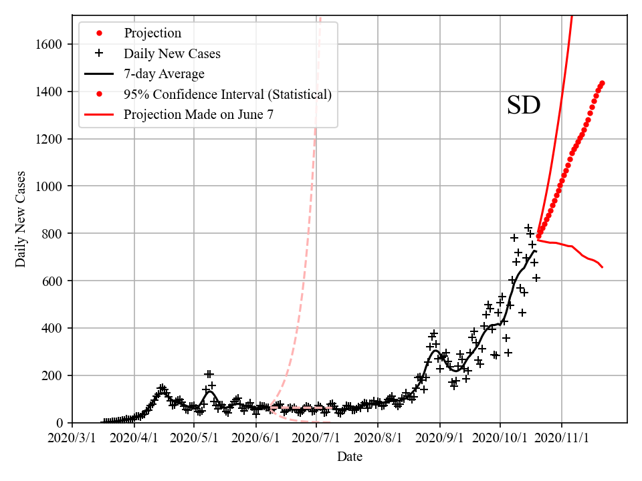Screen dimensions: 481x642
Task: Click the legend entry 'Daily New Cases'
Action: tap(172, 53)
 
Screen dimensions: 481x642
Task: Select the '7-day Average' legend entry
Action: tap(164, 73)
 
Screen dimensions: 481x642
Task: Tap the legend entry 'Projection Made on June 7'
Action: tap(198, 114)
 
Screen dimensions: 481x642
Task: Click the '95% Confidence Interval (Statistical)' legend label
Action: tap(227, 94)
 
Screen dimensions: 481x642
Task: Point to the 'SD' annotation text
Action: tap(523, 106)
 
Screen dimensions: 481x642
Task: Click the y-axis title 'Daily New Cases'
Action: tap(21, 218)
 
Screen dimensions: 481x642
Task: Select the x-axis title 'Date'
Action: tap(350, 457)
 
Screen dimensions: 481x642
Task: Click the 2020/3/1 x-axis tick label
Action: tap(73, 438)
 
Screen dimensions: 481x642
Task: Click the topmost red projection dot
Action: tap(602, 84)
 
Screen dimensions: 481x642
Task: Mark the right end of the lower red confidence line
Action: tap(602, 267)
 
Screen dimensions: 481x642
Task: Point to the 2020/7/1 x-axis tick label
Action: tap(316, 438)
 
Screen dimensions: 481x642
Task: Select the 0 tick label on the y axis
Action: tap(61, 423)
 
